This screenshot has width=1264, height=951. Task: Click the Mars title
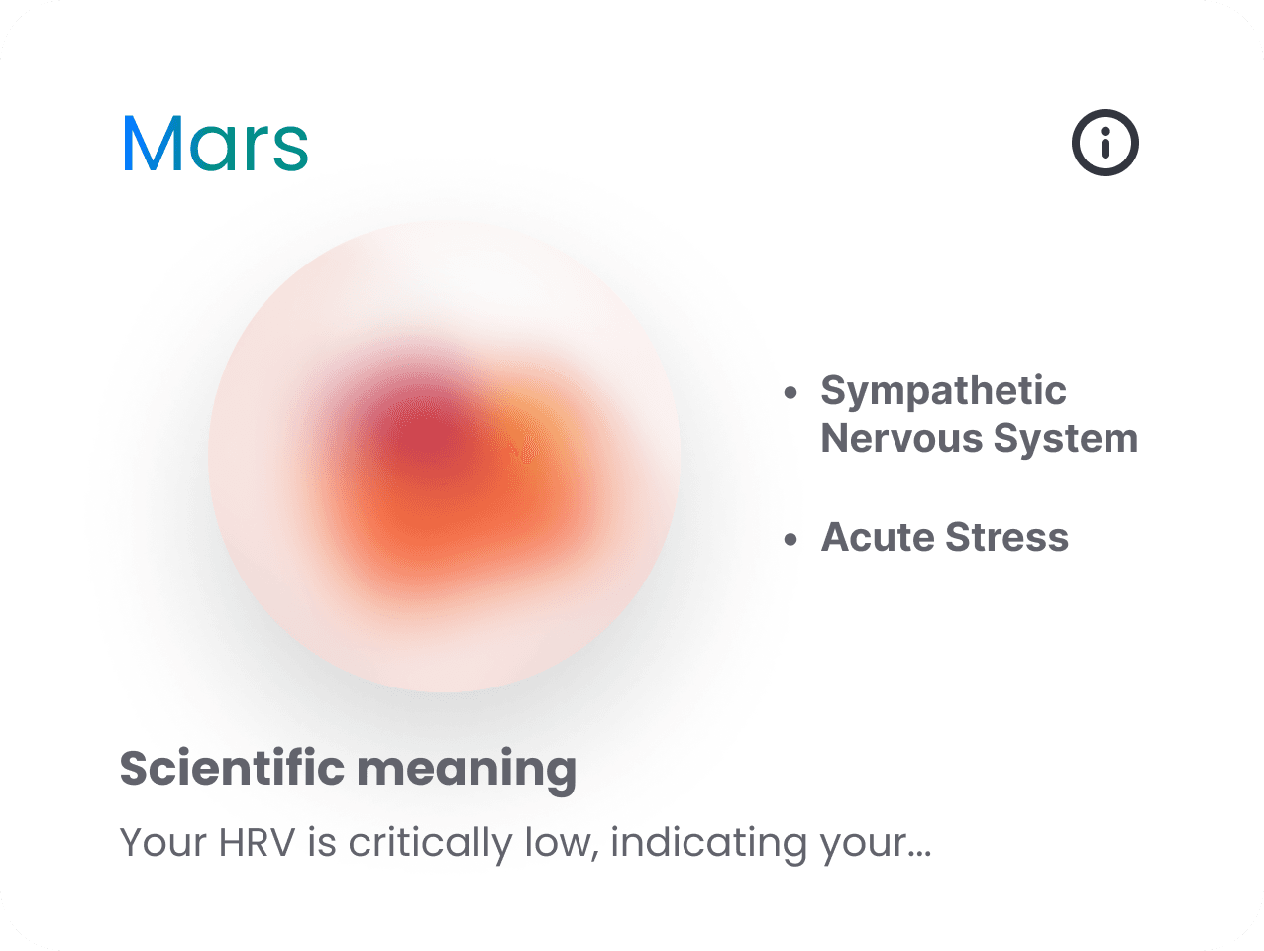tap(215, 144)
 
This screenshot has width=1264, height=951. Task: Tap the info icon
tap(1106, 143)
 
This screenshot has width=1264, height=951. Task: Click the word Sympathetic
tap(943, 391)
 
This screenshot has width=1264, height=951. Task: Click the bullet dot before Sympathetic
tap(790, 393)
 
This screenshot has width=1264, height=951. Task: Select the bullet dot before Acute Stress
tap(790, 540)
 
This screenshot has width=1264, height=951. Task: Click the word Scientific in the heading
tap(233, 769)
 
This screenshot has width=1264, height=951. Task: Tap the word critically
tap(429, 844)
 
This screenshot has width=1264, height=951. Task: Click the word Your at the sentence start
tap(163, 843)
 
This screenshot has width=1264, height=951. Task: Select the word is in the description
tap(322, 843)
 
